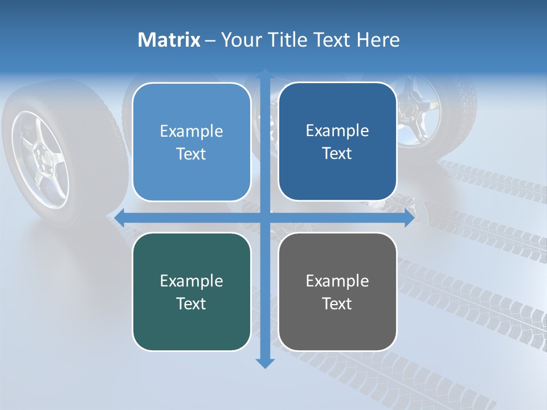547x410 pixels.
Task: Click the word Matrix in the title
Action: click(x=169, y=40)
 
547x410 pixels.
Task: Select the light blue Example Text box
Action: click(x=191, y=142)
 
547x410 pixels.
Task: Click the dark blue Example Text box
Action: click(x=337, y=142)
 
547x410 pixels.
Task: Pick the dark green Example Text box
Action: click(x=191, y=292)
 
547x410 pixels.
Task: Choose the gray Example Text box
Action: click(x=337, y=292)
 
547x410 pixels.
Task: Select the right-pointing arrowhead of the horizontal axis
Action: click(x=409, y=218)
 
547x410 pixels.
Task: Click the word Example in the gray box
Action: click(x=337, y=281)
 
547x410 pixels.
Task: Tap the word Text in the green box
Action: click(x=191, y=304)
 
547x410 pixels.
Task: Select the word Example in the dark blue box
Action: click(x=337, y=130)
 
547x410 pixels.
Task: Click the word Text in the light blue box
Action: click(x=191, y=154)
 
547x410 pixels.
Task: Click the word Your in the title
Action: click(x=240, y=40)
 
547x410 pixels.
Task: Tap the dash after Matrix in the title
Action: click(x=210, y=40)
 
